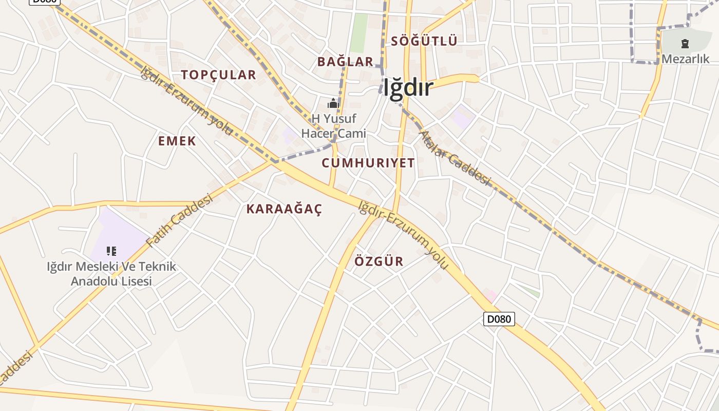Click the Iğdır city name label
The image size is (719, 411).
[x=408, y=88]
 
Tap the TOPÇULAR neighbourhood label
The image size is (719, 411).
[x=218, y=75]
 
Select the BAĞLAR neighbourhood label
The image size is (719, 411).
[x=345, y=62]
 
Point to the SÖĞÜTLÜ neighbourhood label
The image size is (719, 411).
[x=424, y=41]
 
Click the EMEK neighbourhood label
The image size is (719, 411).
[x=177, y=141]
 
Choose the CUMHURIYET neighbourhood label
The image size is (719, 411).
[x=368, y=163]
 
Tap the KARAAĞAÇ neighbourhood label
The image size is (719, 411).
[x=284, y=209]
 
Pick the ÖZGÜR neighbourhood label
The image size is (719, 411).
[x=379, y=261]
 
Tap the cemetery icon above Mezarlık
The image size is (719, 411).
[x=685, y=44]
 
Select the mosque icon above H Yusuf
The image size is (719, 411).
[x=333, y=104]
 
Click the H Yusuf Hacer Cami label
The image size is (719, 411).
[x=333, y=126]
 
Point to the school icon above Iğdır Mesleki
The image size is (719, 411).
[x=111, y=251]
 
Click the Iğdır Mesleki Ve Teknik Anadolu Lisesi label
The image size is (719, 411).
[x=111, y=274]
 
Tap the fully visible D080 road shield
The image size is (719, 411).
[x=499, y=319]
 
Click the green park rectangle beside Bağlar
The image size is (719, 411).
[x=359, y=32]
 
